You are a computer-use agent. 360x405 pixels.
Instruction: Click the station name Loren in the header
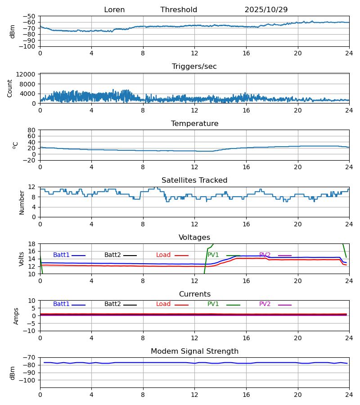tap(114, 10)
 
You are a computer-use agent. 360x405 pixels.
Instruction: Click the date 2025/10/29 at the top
tap(266, 10)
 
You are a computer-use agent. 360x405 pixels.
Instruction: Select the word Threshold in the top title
tap(179, 10)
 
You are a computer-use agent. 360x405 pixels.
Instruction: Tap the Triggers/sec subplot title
tap(194, 67)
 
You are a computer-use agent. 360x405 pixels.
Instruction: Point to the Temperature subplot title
tap(194, 124)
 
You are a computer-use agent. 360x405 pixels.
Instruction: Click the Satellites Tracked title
tap(194, 180)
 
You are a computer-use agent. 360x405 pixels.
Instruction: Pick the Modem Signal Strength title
tap(194, 351)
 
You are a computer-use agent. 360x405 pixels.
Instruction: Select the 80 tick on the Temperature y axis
tap(31, 130)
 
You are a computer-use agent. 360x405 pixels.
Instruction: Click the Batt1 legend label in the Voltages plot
tap(62, 255)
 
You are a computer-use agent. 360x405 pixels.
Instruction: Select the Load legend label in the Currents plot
tap(163, 304)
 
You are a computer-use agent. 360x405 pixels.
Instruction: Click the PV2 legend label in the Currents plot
tap(265, 304)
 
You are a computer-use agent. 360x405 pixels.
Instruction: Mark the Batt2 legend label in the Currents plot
tap(112, 304)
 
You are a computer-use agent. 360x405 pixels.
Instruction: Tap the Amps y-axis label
tap(16, 316)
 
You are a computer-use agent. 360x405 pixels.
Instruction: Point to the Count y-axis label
tap(10, 88)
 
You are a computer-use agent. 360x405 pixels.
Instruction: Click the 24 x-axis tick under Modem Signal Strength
tap(349, 395)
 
